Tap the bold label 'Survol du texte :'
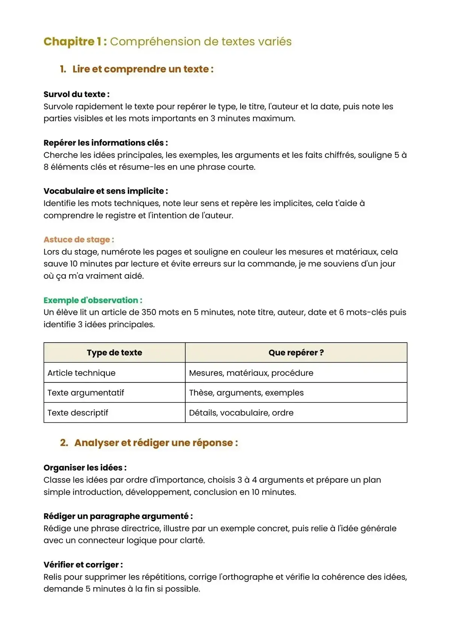[x=76, y=94]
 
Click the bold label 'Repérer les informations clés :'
[x=106, y=143]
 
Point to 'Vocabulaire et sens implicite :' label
[x=106, y=191]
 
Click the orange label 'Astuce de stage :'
[x=79, y=240]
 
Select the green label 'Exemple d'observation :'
[x=93, y=300]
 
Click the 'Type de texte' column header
[x=114, y=353]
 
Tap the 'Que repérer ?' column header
[x=296, y=353]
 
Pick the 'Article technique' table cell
[x=82, y=373]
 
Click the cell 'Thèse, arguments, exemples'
[x=246, y=393]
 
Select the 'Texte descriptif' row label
[x=78, y=413]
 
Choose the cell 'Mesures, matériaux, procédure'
[x=251, y=373]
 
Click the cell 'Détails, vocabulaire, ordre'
[x=241, y=413]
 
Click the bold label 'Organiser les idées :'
[x=85, y=468]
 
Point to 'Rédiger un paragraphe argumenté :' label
[x=118, y=516]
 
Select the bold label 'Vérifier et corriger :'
[x=83, y=565]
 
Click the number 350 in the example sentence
[x=149, y=312]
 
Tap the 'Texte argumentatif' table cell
[x=86, y=393]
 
